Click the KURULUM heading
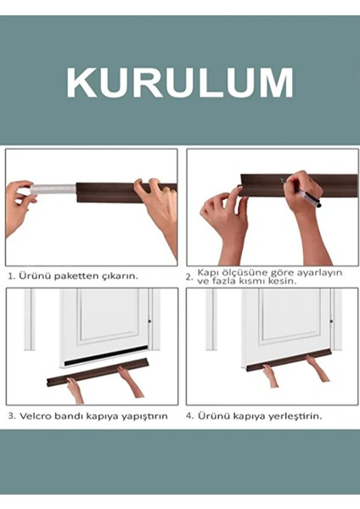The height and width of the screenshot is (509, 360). [x=180, y=82]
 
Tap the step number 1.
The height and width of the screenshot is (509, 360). [x=11, y=276]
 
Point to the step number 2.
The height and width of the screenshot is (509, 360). [x=188, y=277]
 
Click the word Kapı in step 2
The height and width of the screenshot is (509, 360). [x=207, y=271]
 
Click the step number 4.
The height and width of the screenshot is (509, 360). [x=190, y=417]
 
